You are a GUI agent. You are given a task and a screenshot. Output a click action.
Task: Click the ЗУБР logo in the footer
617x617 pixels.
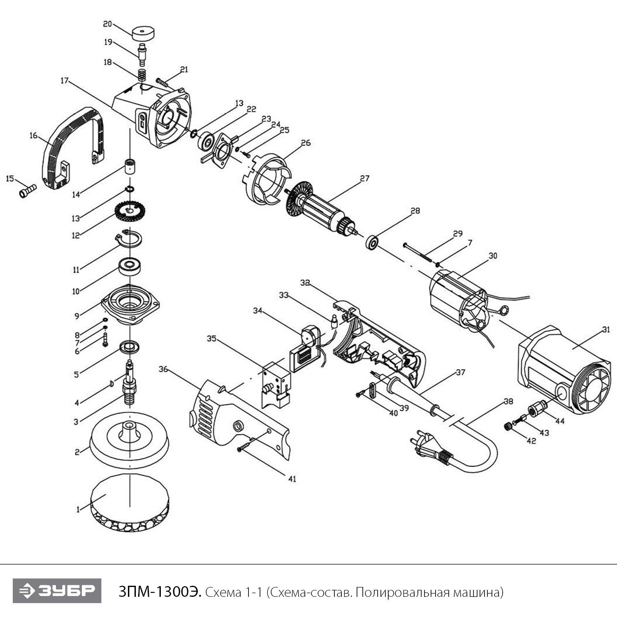click(57, 591)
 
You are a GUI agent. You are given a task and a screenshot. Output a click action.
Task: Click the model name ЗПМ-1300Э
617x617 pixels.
click(160, 592)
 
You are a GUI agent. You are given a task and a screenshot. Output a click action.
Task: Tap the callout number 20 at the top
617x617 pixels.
click(107, 24)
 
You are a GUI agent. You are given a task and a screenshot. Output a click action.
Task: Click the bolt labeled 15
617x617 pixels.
click(28, 191)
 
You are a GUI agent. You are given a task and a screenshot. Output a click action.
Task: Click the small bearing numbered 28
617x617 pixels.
click(372, 242)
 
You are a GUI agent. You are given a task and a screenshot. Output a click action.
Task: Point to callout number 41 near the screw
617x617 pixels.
click(292, 479)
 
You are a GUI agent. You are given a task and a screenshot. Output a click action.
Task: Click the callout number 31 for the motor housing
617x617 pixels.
click(606, 329)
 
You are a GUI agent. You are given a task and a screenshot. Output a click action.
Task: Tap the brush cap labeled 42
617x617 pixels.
click(509, 426)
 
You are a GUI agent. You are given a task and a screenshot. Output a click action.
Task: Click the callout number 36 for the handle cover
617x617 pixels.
click(163, 369)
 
